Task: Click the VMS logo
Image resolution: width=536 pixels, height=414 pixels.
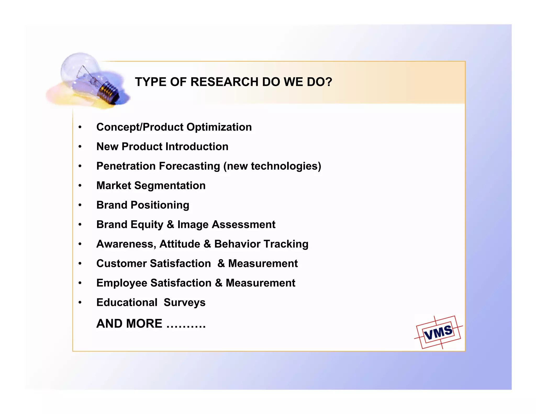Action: [x=438, y=332]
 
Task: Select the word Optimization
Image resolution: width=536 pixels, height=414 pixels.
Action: [x=219, y=127]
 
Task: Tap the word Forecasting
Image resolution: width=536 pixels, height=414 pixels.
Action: [x=189, y=166]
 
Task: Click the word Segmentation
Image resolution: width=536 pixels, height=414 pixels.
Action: [x=170, y=186]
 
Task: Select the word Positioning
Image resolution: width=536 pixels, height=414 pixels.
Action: [x=160, y=205]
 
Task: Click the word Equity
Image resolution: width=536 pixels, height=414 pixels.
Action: [x=147, y=225]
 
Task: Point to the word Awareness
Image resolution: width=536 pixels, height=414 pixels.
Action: [x=126, y=244]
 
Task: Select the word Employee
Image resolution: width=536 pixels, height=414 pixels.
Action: [x=122, y=283]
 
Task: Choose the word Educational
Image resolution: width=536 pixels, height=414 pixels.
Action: [x=127, y=303]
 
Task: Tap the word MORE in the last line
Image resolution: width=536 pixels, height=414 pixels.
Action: [x=144, y=324]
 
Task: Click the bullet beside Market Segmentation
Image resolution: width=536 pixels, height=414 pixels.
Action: [x=80, y=186]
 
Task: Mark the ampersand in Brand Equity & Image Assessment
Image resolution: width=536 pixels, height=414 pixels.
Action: [x=170, y=225]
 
